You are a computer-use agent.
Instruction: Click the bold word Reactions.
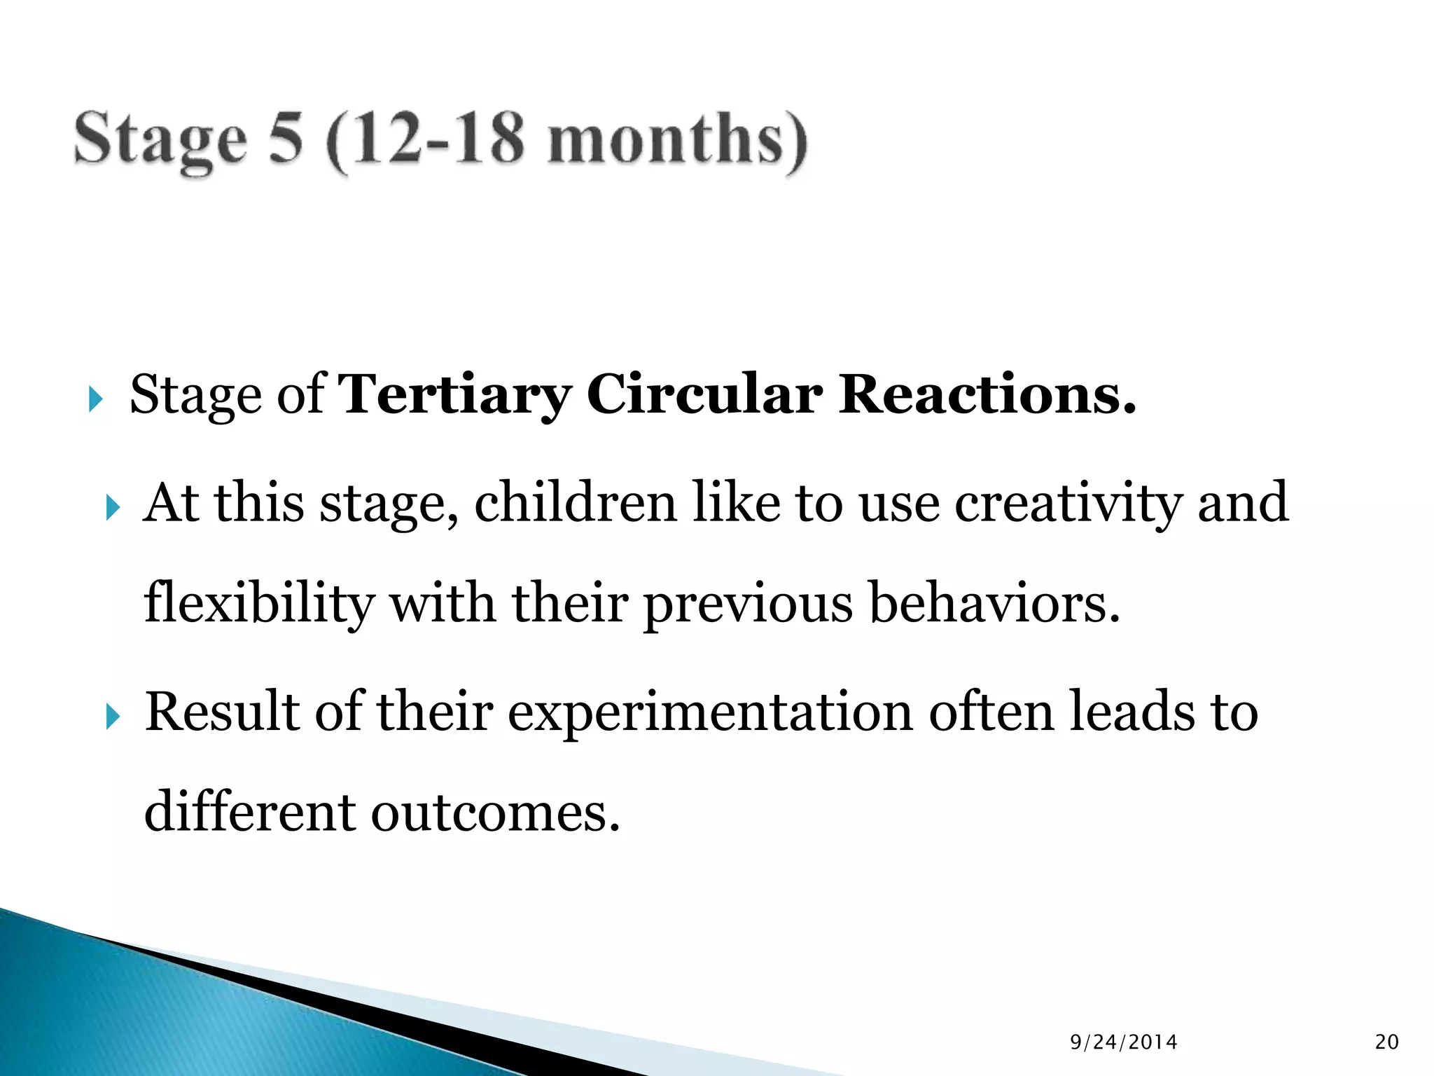point(987,394)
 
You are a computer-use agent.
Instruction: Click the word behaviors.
point(994,603)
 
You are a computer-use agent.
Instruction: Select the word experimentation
point(710,713)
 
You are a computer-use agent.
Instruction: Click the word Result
point(222,712)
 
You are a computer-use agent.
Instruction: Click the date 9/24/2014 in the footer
point(1124,1042)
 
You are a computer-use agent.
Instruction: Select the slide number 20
point(1386,1042)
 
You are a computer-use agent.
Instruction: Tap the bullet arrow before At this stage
point(113,508)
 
